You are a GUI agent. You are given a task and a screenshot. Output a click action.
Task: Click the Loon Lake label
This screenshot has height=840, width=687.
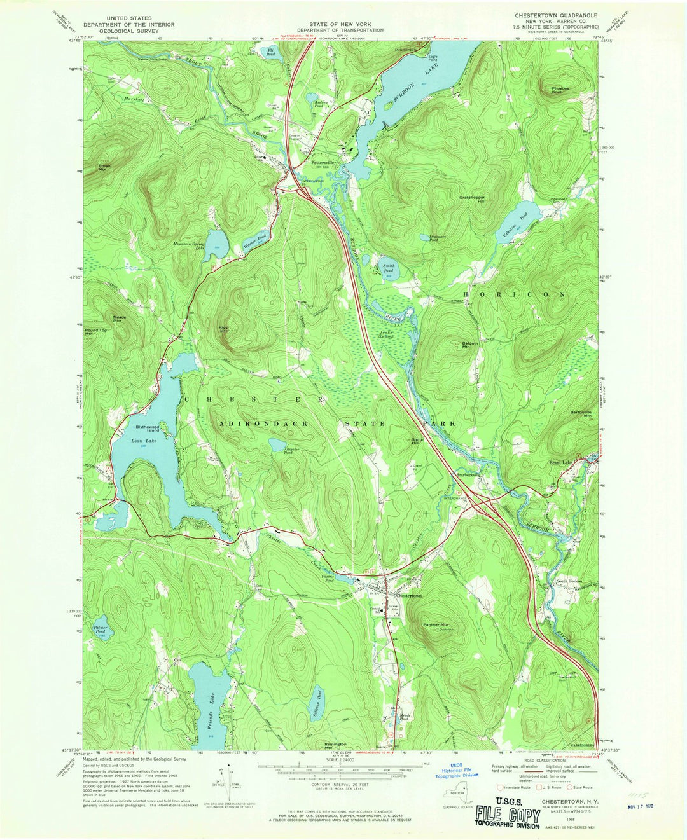click(144, 441)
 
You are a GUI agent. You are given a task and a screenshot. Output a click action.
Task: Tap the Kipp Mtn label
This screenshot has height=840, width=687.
click(224, 330)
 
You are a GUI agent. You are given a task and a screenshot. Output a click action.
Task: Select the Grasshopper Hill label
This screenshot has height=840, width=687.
click(472, 199)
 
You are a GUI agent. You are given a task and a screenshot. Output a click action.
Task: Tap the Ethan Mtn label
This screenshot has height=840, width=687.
click(104, 167)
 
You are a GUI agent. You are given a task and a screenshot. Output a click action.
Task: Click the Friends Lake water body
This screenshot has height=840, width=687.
click(207, 699)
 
